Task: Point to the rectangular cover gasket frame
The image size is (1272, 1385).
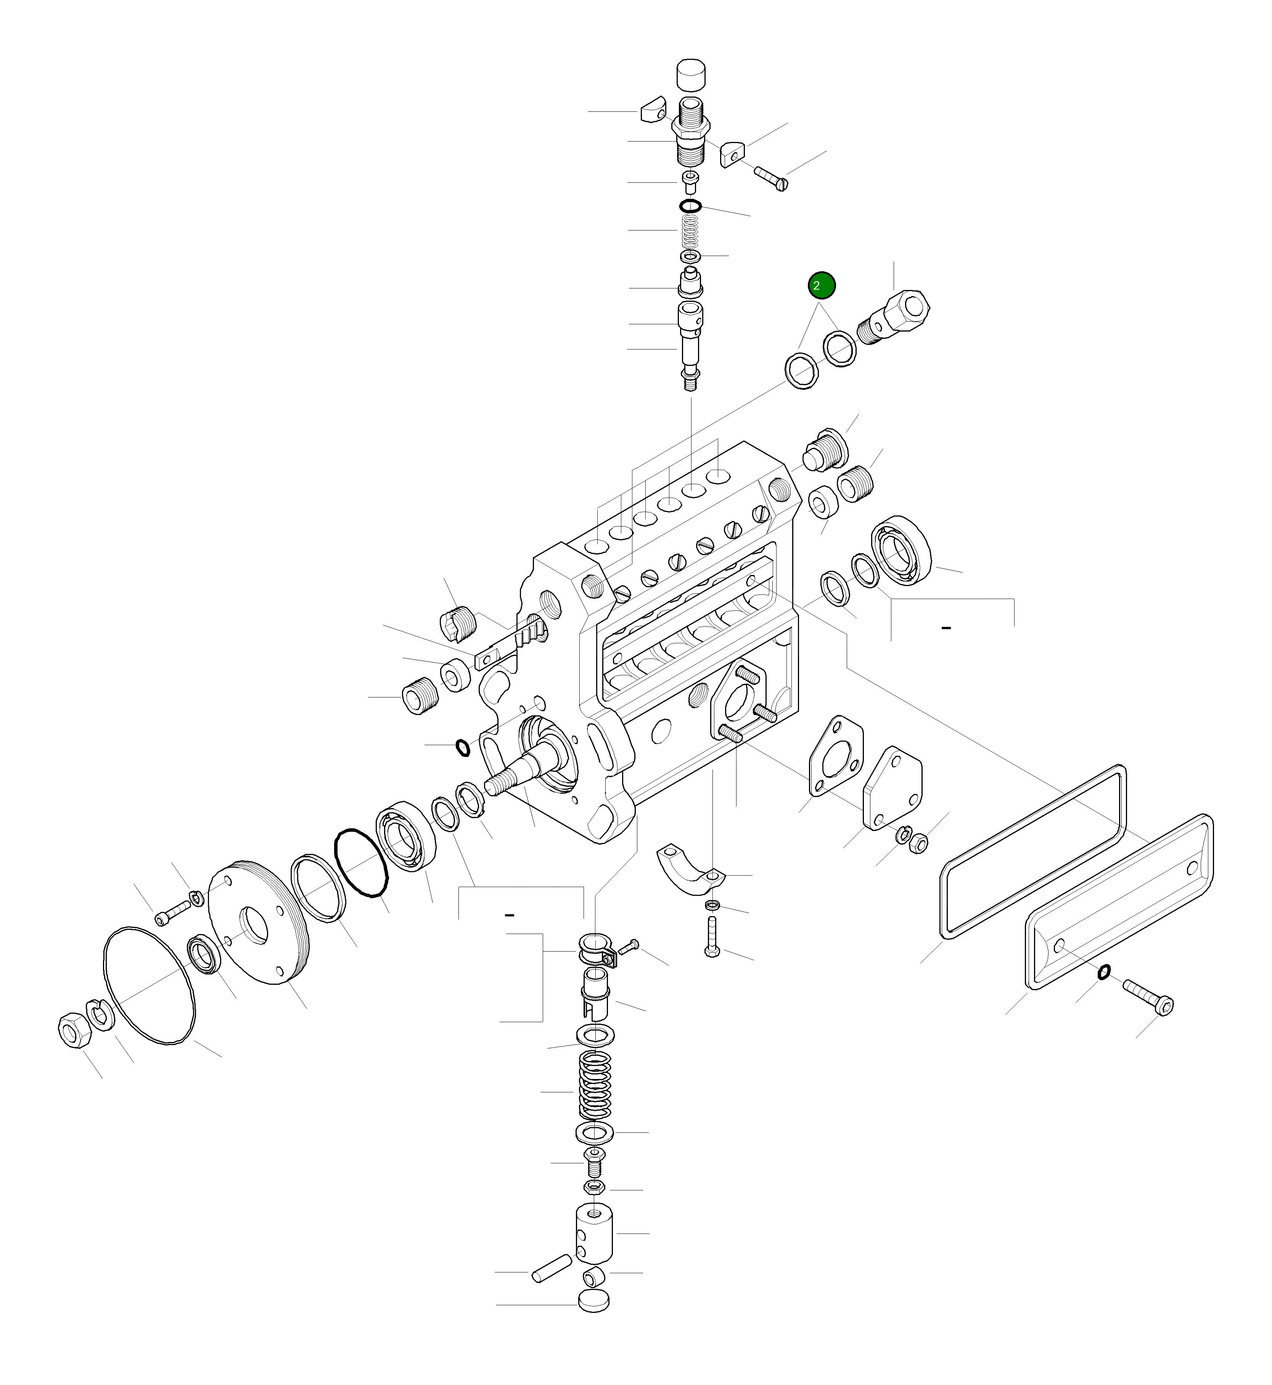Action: coord(1032,852)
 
